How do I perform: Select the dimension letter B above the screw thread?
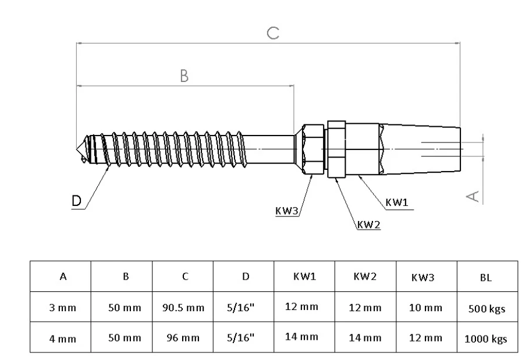(x=184, y=76)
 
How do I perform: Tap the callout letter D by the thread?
(x=76, y=201)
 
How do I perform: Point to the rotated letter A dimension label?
(x=475, y=193)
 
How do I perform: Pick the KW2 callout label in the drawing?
(x=368, y=224)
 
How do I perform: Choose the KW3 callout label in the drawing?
(x=287, y=210)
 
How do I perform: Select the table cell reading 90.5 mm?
(x=183, y=308)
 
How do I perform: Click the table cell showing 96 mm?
(x=183, y=337)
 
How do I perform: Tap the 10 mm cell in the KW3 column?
(x=425, y=308)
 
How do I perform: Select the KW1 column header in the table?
(x=304, y=277)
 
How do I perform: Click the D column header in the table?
(x=245, y=278)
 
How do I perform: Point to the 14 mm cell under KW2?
(x=365, y=337)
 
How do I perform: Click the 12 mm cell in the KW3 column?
(x=425, y=337)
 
